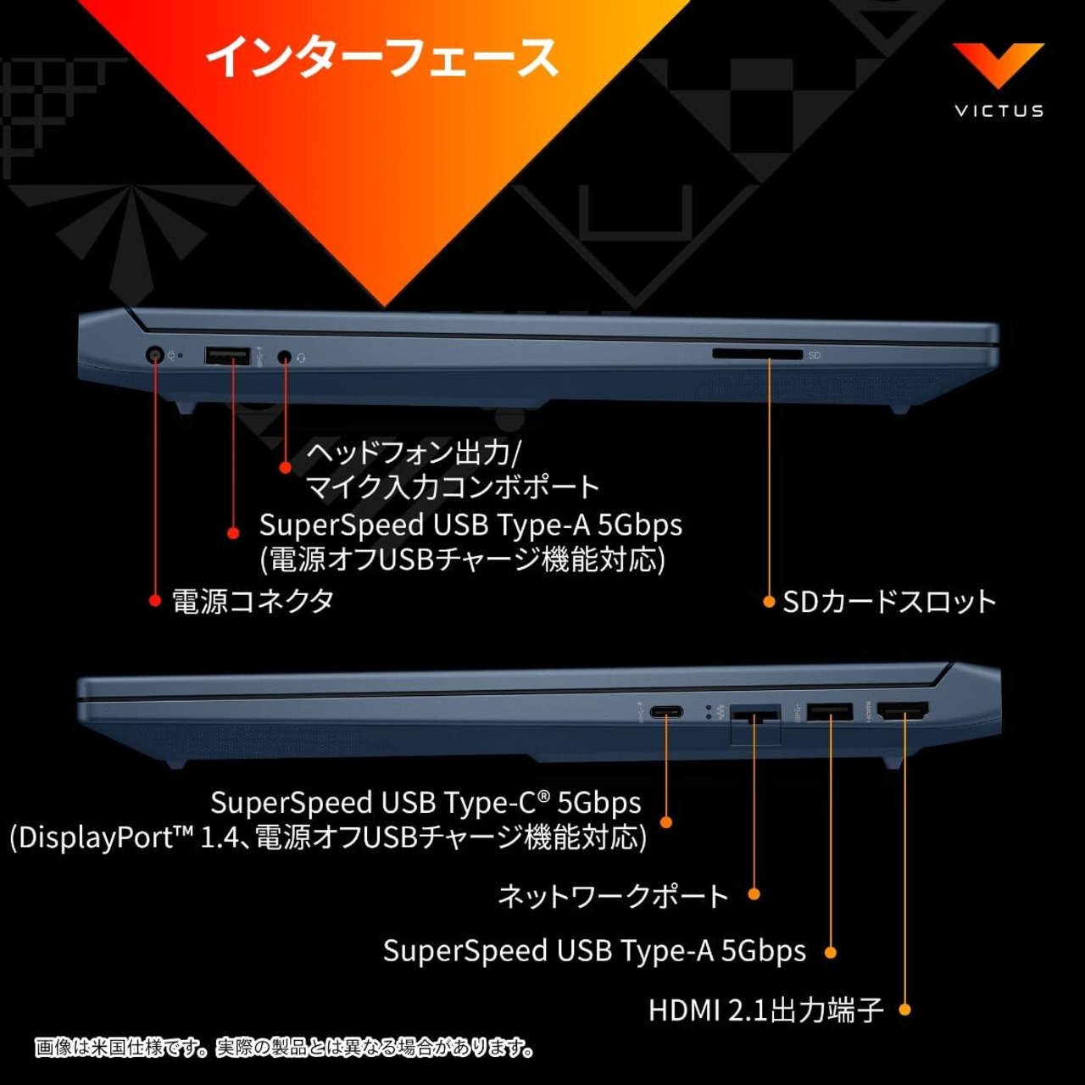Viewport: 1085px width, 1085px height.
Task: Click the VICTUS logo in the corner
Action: pos(999,81)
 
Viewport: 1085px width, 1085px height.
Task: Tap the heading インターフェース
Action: pos(382,58)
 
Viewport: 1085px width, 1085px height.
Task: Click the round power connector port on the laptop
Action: pos(155,355)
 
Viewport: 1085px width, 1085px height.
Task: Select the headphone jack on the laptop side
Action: pos(285,357)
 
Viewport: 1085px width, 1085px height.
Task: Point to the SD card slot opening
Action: pos(757,354)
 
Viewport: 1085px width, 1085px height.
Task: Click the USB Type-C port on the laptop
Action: pos(666,712)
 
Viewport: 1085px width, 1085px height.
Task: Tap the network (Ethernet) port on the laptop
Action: pos(754,716)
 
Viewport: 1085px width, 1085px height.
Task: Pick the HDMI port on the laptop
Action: pos(904,712)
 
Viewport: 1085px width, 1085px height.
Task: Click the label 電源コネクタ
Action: pos(253,601)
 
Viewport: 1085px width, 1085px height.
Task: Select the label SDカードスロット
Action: pos(888,602)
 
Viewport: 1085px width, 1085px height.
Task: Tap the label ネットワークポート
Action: pos(613,895)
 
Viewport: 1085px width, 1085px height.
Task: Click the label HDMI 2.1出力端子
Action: pos(766,1010)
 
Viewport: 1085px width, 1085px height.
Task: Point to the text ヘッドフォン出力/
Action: pos(413,453)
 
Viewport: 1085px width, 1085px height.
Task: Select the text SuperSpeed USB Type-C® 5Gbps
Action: pos(426,802)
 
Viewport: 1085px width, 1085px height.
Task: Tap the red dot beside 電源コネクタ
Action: pos(155,600)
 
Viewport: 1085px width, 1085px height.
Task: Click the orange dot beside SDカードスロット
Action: pos(769,602)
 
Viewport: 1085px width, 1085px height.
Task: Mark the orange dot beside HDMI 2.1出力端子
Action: pos(904,1010)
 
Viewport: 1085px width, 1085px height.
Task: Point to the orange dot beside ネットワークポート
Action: pos(754,893)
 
